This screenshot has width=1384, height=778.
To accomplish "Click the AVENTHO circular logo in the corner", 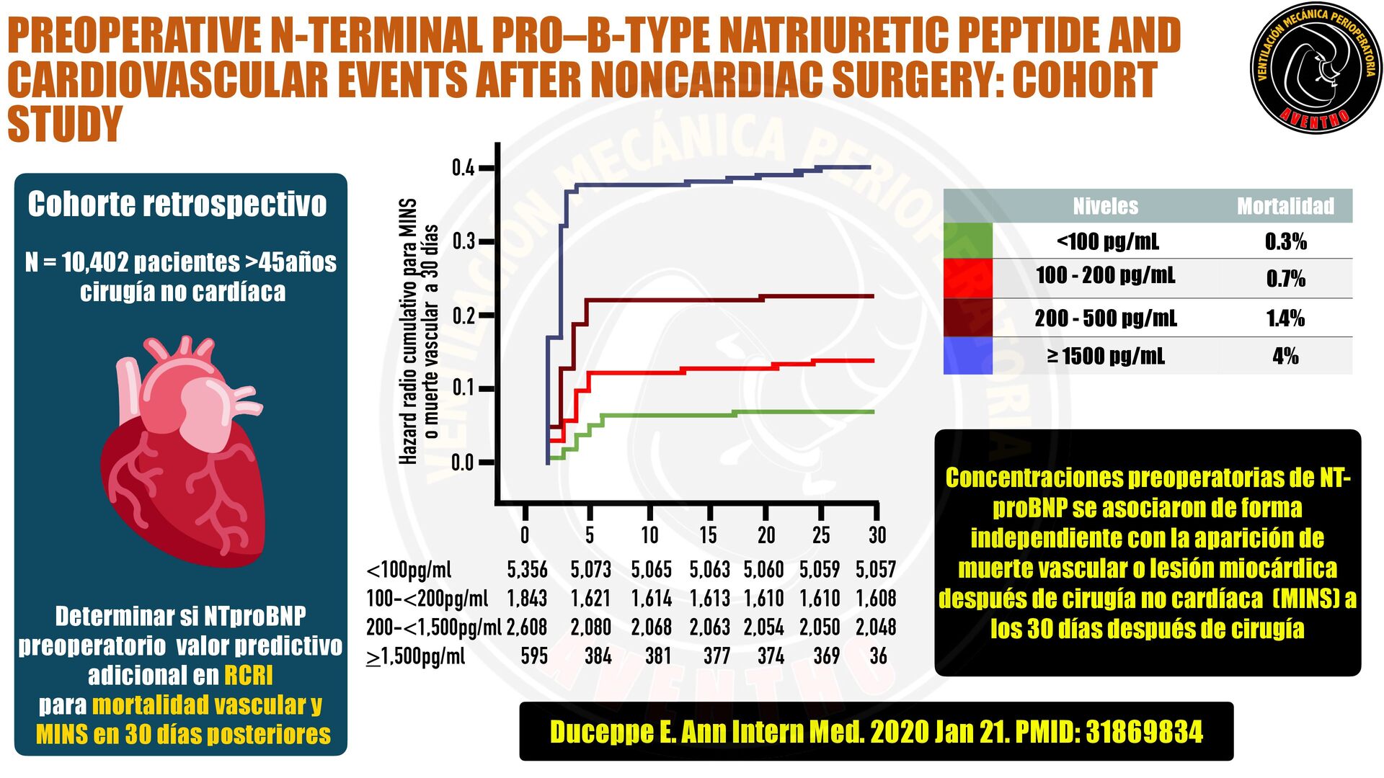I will click(1316, 68).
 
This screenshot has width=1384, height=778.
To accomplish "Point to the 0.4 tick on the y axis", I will click(463, 169).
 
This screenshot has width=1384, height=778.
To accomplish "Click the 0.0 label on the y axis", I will click(463, 462).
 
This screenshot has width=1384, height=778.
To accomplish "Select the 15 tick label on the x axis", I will click(708, 535).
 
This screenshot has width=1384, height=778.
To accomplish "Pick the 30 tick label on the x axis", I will click(877, 535).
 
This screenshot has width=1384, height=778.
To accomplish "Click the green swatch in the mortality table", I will click(967, 241).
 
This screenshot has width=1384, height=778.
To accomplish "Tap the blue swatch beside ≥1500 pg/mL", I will click(967, 356).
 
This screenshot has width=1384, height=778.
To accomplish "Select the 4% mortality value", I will click(1285, 356).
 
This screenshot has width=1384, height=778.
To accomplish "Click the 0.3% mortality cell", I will click(1285, 241).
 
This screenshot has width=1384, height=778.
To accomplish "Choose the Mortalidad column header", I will click(1285, 207).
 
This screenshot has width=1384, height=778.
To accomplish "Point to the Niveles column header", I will click(1105, 207).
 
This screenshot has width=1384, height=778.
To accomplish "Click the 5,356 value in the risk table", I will click(527, 570).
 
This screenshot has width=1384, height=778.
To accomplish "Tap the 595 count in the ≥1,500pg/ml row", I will click(534, 656).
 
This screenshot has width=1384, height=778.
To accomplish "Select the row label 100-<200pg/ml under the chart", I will click(427, 599).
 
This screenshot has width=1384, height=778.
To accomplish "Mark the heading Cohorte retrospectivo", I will click(177, 205).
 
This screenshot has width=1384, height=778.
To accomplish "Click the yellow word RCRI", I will click(249, 676).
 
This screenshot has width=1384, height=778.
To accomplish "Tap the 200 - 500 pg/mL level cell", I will click(1105, 318).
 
